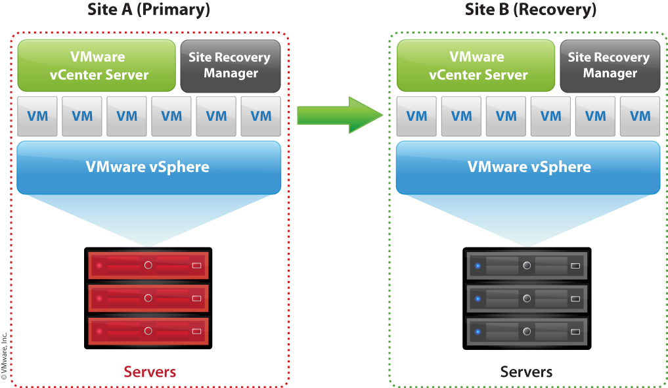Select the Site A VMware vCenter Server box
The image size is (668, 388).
(97, 66)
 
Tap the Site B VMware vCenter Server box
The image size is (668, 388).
(477, 66)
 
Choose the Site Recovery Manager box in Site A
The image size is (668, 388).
(230, 66)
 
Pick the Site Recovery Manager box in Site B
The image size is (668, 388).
(610, 66)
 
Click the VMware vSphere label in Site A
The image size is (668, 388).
(148, 167)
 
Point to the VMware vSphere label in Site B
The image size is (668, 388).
(529, 167)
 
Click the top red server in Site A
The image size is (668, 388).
(148, 265)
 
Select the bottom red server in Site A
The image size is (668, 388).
(148, 331)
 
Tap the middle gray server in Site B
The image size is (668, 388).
(526, 298)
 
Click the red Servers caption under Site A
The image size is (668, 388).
(150, 372)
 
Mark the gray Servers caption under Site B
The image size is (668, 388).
(526, 372)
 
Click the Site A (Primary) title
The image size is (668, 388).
(148, 10)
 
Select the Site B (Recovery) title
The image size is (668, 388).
(530, 10)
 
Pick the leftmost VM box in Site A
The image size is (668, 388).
(37, 116)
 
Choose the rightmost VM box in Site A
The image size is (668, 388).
(261, 116)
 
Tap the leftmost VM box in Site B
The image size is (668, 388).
(416, 116)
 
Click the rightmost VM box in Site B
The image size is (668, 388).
(640, 116)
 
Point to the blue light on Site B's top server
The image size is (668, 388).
(478, 266)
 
